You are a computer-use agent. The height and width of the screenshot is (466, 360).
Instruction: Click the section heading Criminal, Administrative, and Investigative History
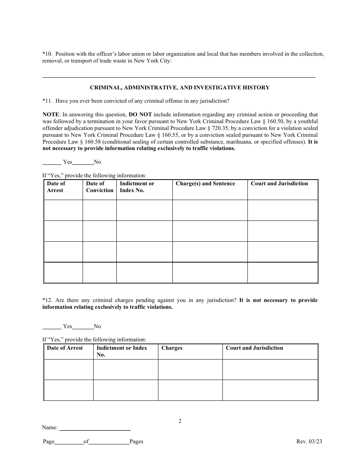click(x=180, y=88)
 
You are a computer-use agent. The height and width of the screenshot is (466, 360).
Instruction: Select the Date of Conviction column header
click(x=99, y=187)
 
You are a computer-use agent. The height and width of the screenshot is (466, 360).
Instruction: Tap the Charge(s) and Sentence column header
click(x=205, y=184)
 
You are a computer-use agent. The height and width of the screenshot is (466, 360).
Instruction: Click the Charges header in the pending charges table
click(x=172, y=348)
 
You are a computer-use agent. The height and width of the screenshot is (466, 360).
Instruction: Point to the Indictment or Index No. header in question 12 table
click(x=122, y=351)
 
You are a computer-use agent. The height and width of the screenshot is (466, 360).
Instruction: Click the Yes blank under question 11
click(x=52, y=162)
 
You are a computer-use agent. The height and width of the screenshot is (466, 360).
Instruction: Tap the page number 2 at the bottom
click(x=180, y=421)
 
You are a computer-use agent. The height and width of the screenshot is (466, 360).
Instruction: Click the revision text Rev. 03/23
click(x=309, y=441)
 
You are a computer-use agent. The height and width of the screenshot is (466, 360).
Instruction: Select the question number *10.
click(x=47, y=54)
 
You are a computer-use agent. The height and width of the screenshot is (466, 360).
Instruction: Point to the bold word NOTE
click(x=51, y=114)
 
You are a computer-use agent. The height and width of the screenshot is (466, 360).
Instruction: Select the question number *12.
click(x=47, y=300)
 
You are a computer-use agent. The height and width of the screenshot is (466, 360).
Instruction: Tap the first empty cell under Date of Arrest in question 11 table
click(x=63, y=210)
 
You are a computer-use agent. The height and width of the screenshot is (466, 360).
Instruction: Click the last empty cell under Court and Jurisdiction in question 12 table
click(x=270, y=390)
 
